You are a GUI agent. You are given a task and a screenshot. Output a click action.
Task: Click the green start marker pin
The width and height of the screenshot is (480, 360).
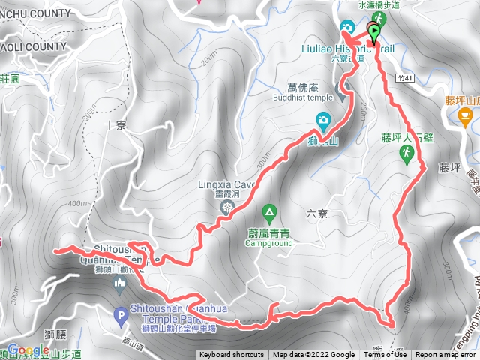click(x=373, y=32)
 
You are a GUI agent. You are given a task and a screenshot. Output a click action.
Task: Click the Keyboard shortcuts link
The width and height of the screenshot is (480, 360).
click(x=232, y=355)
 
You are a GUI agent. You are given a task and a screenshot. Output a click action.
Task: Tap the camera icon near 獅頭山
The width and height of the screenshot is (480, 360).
click(x=322, y=119)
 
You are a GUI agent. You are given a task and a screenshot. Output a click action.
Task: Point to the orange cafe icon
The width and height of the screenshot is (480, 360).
click(x=464, y=115)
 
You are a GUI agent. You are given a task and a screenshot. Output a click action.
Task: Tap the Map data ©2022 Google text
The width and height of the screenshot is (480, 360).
click(x=313, y=355)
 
